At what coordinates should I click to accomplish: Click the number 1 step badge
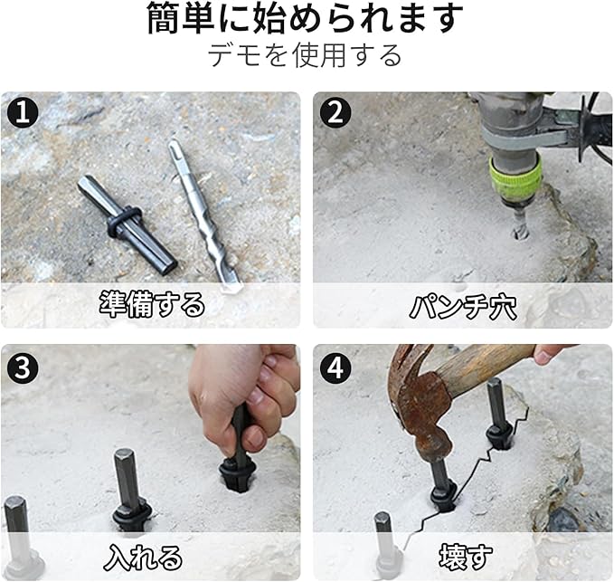(23, 112)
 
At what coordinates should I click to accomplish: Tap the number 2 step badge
(335, 112)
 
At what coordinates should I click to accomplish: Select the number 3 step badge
(23, 367)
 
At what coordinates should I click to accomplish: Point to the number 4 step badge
(335, 367)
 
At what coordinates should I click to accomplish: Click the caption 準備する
(152, 304)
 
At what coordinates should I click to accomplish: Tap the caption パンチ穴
(463, 307)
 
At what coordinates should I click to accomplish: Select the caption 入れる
(143, 558)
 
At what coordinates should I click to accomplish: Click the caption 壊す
(465, 557)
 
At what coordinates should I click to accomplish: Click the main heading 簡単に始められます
(305, 17)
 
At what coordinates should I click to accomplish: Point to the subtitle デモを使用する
(305, 55)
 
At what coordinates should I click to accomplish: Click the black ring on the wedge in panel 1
(123, 221)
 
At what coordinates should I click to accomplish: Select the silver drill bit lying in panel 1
(203, 215)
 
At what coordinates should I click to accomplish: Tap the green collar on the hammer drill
(515, 177)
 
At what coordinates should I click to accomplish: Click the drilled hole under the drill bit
(521, 234)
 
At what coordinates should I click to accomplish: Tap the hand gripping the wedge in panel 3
(242, 396)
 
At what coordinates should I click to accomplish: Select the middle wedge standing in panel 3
(129, 490)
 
